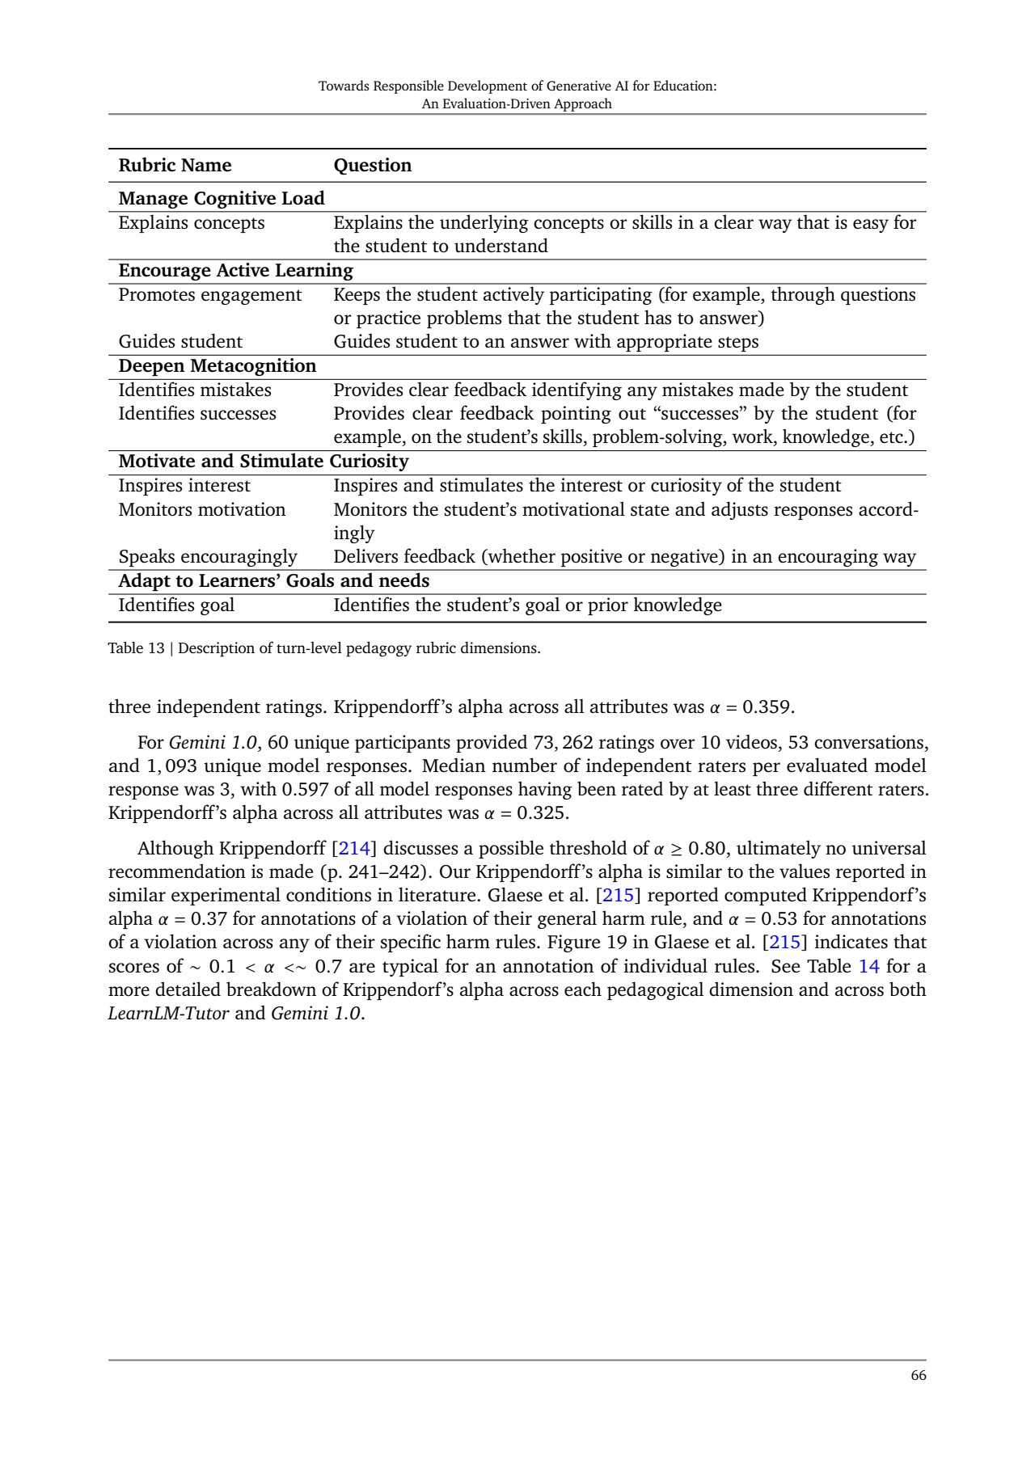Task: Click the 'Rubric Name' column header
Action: pyautogui.click(x=175, y=166)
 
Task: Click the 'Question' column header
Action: pyautogui.click(x=372, y=166)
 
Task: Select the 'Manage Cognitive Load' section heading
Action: pyautogui.click(x=221, y=199)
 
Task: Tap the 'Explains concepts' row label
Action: pyautogui.click(x=191, y=223)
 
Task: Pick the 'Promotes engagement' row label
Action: pyautogui.click(x=209, y=295)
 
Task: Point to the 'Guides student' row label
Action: pyautogui.click(x=180, y=342)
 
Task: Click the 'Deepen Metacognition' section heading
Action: pyautogui.click(x=217, y=366)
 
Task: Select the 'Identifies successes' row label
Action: pyautogui.click(x=197, y=414)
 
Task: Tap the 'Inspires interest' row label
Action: pyautogui.click(x=184, y=486)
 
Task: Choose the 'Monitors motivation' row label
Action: pyautogui.click(x=201, y=510)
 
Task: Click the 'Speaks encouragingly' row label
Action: pyautogui.click(x=208, y=557)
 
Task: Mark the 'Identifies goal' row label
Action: pyautogui.click(x=176, y=605)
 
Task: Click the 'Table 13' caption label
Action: pyautogui.click(x=136, y=648)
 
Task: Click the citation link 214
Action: pyautogui.click(x=354, y=849)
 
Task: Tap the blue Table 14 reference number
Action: pyautogui.click(x=868, y=967)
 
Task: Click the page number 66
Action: pyautogui.click(x=918, y=1376)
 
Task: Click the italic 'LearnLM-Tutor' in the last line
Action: pyautogui.click(x=168, y=1014)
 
